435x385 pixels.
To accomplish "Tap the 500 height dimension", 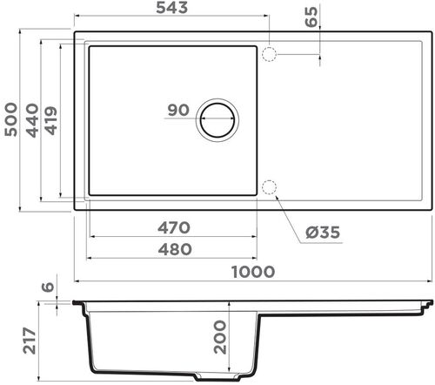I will click(10, 117).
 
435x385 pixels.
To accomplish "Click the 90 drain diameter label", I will click(177, 111).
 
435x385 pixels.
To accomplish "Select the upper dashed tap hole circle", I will click(269, 54).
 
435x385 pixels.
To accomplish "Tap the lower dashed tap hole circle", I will click(269, 187).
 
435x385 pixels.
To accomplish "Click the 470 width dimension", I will click(173, 228).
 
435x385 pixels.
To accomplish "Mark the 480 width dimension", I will click(173, 248).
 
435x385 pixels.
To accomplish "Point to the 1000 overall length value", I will click(253, 272).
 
